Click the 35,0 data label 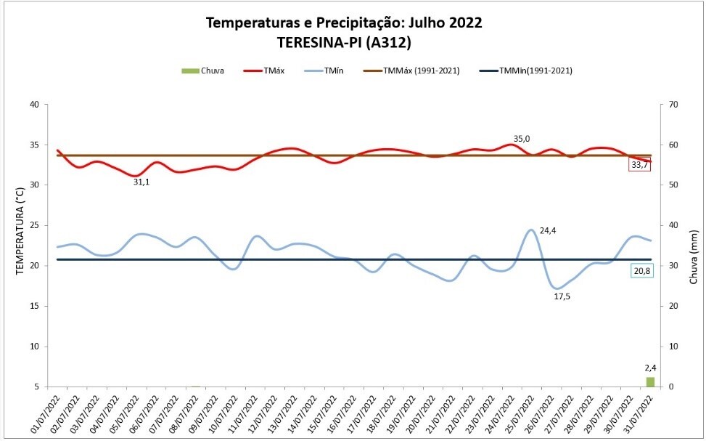point(522,138)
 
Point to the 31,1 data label point(141,182)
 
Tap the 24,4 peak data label point(548,230)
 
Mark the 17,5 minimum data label point(562,296)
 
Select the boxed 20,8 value point(641,271)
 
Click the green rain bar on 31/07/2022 point(650,382)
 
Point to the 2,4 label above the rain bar point(650,368)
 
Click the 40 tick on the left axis point(34,104)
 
